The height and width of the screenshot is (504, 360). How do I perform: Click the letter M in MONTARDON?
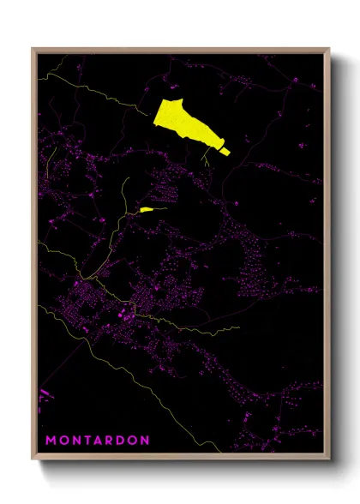[x=50, y=441]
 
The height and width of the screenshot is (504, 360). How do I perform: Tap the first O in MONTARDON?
[x=64, y=441]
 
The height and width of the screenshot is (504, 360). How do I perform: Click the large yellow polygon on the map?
[x=183, y=120]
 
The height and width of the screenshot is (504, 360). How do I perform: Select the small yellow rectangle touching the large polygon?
[x=225, y=151]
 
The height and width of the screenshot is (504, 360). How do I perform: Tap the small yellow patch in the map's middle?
[x=147, y=208]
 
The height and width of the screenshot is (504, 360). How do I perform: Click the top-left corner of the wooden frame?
[x=33, y=49]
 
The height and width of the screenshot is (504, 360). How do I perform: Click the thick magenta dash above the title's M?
[x=45, y=393]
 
